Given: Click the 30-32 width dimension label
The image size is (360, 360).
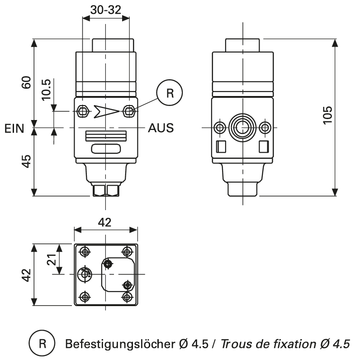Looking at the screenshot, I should coord(105,10).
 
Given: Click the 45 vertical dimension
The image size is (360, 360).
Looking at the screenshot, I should coord(27,161).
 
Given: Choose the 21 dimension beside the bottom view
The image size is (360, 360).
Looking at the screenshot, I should coord(51,259).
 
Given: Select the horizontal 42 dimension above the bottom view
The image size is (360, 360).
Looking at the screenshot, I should coord(105,222).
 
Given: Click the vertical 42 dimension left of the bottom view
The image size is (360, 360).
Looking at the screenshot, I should coord(27,275).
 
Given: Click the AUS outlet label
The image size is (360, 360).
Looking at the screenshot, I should coord(161,128).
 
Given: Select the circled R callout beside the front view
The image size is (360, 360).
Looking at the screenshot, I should coord(170,93).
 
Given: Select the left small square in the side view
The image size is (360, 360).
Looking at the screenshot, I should coord(221,146).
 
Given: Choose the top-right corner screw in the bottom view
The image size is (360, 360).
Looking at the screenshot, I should coord(128,251).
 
